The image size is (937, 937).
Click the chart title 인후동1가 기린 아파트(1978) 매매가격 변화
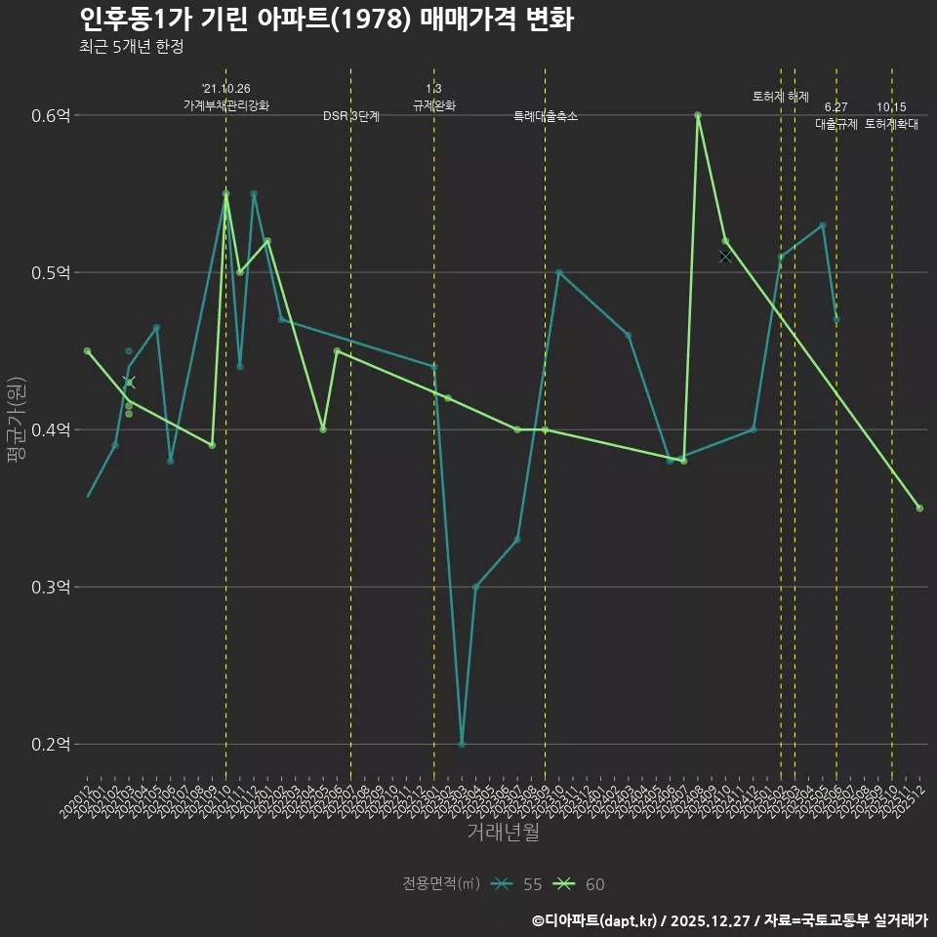tap(326, 20)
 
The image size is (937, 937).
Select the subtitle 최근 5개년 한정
tap(131, 47)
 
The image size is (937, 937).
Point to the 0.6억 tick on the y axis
tap(51, 115)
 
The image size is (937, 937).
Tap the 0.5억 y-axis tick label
tap(51, 272)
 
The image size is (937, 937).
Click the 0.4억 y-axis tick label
tap(51, 429)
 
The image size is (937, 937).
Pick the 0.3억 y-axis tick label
tap(51, 587)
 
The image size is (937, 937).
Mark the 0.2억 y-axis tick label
tap(51, 744)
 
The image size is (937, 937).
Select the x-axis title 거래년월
tap(503, 832)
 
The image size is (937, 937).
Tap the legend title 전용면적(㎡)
tap(441, 884)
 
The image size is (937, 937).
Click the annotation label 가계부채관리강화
tap(226, 105)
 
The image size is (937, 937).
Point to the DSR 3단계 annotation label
tap(351, 116)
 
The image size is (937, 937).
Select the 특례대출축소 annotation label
tap(546, 116)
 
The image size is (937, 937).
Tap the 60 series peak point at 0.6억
tap(698, 115)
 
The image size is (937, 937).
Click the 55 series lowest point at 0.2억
tap(462, 744)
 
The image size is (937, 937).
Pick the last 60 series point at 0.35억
tap(919, 508)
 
